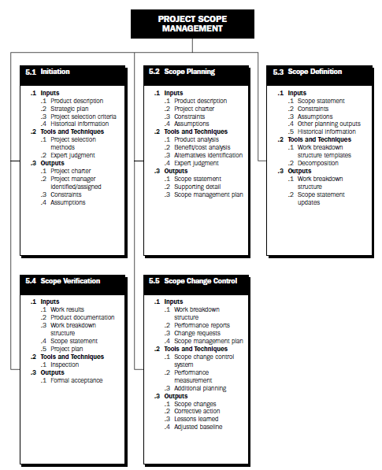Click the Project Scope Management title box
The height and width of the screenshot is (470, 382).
tap(191, 23)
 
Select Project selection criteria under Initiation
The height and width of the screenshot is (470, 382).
tap(83, 117)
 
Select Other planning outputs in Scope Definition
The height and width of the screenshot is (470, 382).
tap(329, 124)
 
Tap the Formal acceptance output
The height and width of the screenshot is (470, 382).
tap(76, 379)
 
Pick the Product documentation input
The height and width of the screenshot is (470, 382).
tap(82, 317)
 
